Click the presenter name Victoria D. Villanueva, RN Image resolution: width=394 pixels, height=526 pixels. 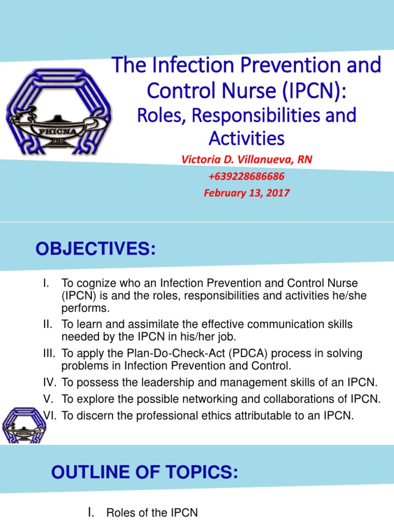click(246, 160)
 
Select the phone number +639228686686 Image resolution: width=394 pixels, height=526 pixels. click(246, 176)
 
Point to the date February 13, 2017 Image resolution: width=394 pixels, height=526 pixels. click(246, 193)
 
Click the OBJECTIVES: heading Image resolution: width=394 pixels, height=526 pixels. click(95, 250)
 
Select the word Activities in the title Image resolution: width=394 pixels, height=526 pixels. click(246, 138)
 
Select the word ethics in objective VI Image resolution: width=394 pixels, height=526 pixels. click(213, 416)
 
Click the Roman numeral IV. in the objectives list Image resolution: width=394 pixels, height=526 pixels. click(49, 382)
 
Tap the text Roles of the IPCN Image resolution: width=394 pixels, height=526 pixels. click(151, 513)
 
